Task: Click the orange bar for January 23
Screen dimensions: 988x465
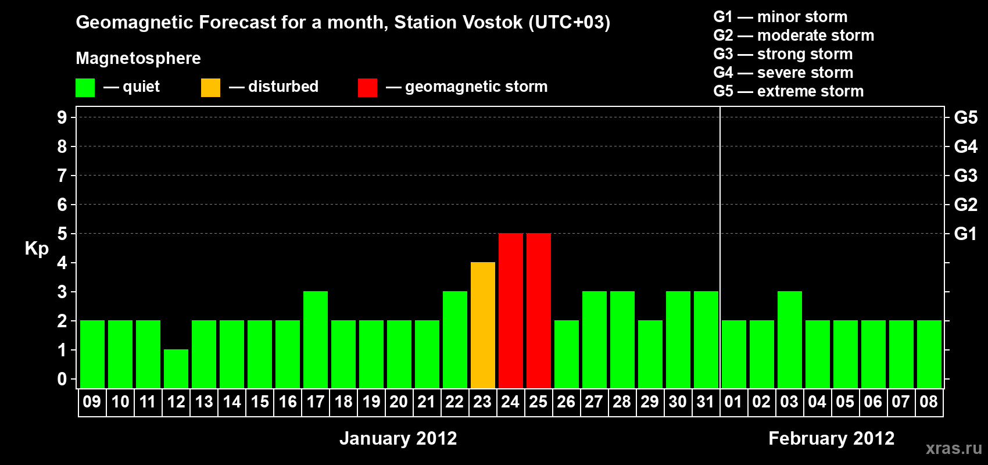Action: point(483,325)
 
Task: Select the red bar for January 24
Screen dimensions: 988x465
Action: point(511,310)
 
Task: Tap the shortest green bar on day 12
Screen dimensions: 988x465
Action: point(176,369)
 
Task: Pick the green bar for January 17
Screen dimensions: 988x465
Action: point(316,339)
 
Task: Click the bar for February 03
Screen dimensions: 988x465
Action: point(790,339)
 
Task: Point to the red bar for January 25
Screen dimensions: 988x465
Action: point(539,310)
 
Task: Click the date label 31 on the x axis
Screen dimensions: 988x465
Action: point(706,402)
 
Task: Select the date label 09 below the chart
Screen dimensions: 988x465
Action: point(92,402)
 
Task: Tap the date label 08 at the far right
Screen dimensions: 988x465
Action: point(929,402)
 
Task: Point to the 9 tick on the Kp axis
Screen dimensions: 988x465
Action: point(62,117)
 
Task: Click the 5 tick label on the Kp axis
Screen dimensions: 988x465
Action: point(62,234)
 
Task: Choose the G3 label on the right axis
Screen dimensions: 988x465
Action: point(966,176)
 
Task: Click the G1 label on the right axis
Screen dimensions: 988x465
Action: point(966,234)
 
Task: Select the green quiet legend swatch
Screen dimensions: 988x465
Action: point(85,87)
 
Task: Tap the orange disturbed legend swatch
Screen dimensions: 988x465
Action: point(210,87)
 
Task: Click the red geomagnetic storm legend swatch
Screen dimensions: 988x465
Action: point(368,87)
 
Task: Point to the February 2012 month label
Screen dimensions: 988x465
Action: point(832,438)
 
